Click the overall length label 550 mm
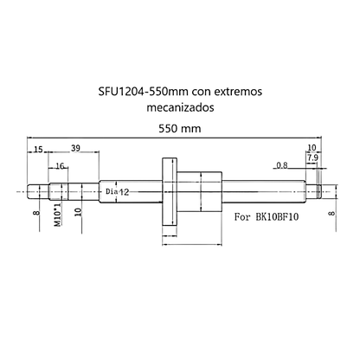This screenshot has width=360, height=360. (179, 128)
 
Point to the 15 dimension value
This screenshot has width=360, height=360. (38, 150)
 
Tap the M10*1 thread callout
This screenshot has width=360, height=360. (58, 215)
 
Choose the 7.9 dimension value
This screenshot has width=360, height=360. (312, 158)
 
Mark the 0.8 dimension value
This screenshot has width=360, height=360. (281, 165)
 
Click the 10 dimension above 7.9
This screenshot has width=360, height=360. (312, 149)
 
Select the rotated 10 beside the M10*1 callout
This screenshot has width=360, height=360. (78, 211)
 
